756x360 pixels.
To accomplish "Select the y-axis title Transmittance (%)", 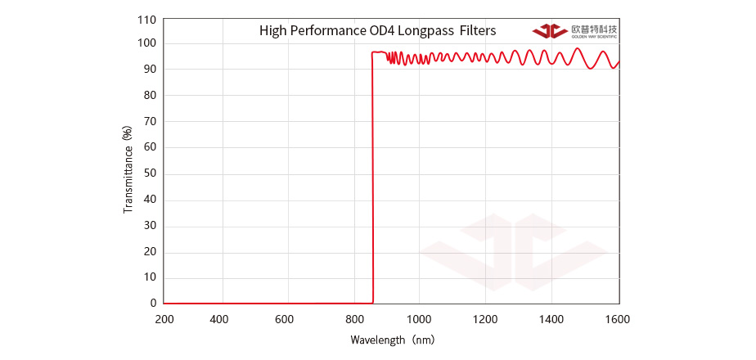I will [x=128, y=169].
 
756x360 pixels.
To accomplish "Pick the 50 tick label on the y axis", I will [x=149, y=173].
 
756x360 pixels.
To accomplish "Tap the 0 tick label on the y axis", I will [x=152, y=303].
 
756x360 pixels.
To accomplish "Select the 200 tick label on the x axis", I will [x=164, y=318].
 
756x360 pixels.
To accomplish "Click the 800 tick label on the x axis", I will [x=354, y=318].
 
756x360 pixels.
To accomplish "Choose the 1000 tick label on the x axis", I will [x=418, y=318].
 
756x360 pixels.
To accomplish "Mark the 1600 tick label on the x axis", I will [x=619, y=318].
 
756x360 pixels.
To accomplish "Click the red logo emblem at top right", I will [x=550, y=31].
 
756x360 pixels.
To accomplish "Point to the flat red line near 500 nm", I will [x=259, y=303].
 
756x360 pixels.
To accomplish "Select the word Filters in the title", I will [x=477, y=32].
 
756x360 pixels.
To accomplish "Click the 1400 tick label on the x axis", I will [x=551, y=318].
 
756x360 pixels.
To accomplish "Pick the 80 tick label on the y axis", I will [x=149, y=96].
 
